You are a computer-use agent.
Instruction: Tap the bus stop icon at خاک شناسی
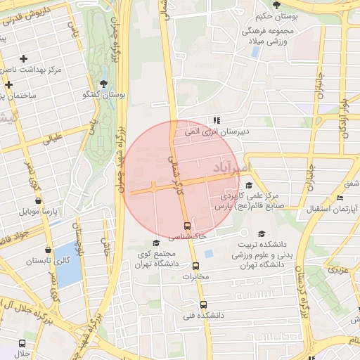tap(187, 226)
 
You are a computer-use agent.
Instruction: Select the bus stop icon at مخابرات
tap(195, 266)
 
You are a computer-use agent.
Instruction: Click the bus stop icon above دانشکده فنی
tap(203, 305)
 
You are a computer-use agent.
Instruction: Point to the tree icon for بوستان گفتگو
tap(104, 84)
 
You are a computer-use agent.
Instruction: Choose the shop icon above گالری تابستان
tap(48, 250)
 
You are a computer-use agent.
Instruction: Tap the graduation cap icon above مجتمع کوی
tap(156, 243)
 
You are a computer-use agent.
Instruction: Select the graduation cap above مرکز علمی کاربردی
tap(249, 185)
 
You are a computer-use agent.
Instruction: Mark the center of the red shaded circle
tap(181, 179)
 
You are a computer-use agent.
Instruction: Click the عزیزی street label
tap(341, 270)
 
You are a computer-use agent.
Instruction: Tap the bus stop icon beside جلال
tap(22, 344)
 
